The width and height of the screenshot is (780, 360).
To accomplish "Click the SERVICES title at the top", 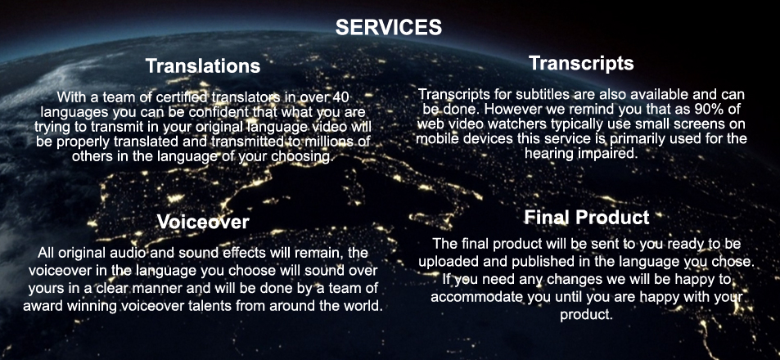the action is [x=389, y=27].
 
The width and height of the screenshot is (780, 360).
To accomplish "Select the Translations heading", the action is [x=203, y=66].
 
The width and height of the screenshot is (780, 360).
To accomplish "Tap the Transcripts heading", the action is [x=581, y=63].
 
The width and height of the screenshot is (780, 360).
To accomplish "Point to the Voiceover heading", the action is [x=203, y=221].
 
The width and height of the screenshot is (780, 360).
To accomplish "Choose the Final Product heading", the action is [x=587, y=218].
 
